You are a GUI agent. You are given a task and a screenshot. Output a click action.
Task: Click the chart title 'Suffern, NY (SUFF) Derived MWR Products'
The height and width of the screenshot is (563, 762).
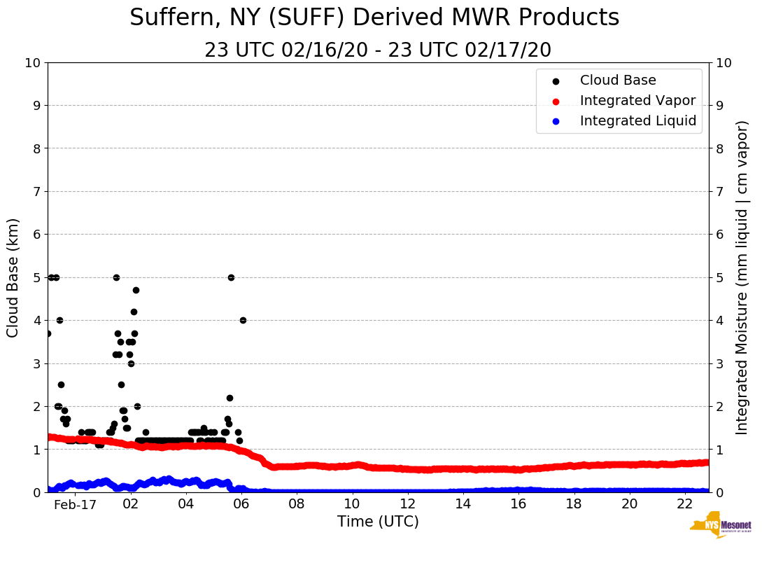[x=374, y=18]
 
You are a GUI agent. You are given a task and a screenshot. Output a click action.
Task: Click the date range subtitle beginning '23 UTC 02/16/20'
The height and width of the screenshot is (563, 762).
[x=378, y=50]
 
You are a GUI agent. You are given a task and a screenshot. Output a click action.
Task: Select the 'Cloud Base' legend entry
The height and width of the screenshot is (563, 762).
[x=618, y=81]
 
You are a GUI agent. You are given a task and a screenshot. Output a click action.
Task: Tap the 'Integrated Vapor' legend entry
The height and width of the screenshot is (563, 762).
[x=637, y=101]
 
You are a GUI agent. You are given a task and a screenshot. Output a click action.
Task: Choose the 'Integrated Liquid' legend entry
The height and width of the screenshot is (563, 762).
[x=638, y=121]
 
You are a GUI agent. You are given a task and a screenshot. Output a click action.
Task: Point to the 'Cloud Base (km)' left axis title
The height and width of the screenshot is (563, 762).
[x=13, y=277]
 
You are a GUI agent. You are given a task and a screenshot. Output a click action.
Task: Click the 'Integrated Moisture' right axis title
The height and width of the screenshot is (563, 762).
[x=742, y=277]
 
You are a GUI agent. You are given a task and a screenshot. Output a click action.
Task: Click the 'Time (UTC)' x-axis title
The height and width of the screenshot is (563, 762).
[x=378, y=522]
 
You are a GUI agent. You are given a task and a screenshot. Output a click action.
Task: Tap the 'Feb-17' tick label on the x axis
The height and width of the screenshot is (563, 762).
[x=75, y=504]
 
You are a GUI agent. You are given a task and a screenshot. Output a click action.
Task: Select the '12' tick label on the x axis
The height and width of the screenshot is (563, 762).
[x=407, y=504]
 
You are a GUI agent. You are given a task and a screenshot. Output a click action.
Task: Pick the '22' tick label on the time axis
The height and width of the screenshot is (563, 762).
[x=684, y=504]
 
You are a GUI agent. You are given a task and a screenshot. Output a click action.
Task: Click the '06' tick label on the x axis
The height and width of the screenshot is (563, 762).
[x=241, y=504]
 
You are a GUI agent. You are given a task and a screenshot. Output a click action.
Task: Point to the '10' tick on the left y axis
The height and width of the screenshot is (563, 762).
[x=32, y=63]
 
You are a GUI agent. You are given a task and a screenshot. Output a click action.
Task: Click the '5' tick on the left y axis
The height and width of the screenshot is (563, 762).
[x=36, y=277]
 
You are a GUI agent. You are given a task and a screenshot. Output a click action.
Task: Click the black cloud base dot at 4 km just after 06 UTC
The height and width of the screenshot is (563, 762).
[x=243, y=320]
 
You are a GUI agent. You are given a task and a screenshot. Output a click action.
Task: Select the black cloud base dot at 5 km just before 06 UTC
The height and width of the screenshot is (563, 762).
[x=231, y=277]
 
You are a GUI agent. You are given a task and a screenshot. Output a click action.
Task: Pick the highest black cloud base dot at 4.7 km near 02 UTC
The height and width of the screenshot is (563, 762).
[x=136, y=290]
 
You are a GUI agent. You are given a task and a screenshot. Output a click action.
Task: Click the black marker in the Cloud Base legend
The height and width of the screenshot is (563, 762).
[x=556, y=81]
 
